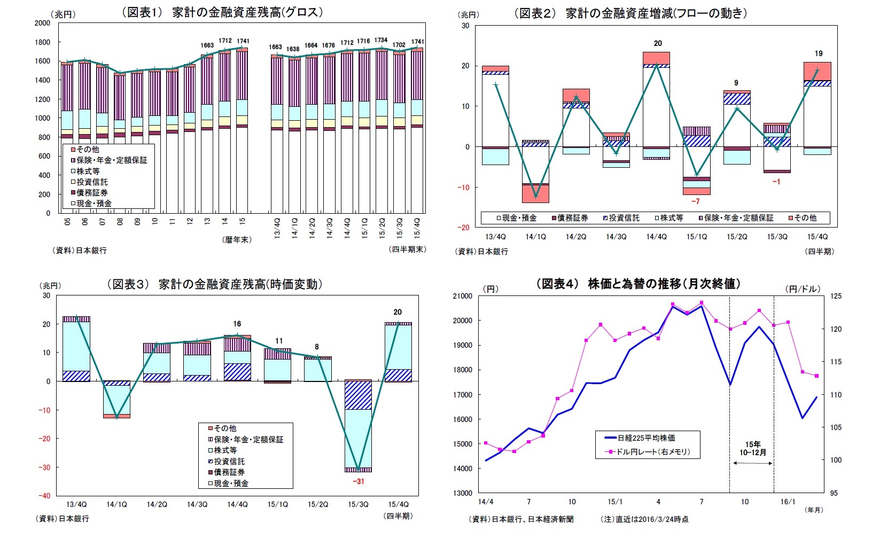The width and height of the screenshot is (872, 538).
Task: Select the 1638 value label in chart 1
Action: click(293, 49)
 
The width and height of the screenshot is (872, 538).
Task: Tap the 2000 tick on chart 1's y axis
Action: click(42, 23)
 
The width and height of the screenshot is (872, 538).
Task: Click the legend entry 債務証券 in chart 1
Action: click(91, 192)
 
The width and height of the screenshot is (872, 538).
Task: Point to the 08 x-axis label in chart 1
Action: click(120, 221)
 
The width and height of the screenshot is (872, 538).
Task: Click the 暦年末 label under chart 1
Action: click(236, 240)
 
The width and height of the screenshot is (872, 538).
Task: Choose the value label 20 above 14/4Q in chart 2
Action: click(658, 43)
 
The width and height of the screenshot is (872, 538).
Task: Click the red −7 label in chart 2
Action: click(695, 201)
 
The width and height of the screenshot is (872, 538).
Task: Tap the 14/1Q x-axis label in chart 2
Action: click(536, 236)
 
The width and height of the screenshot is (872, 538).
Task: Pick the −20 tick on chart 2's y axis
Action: click(463, 228)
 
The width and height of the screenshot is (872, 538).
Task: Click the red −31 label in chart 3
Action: click(358, 481)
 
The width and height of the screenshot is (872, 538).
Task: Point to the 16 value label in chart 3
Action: click(237, 324)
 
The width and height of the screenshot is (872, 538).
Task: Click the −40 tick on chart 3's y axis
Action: click(43, 496)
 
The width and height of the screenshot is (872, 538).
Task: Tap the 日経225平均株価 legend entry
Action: click(645, 438)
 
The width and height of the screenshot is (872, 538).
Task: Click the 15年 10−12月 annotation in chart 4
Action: click(753, 448)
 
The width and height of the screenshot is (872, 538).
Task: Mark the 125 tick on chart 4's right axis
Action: click(836, 296)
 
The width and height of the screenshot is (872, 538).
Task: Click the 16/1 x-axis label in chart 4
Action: click(788, 502)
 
